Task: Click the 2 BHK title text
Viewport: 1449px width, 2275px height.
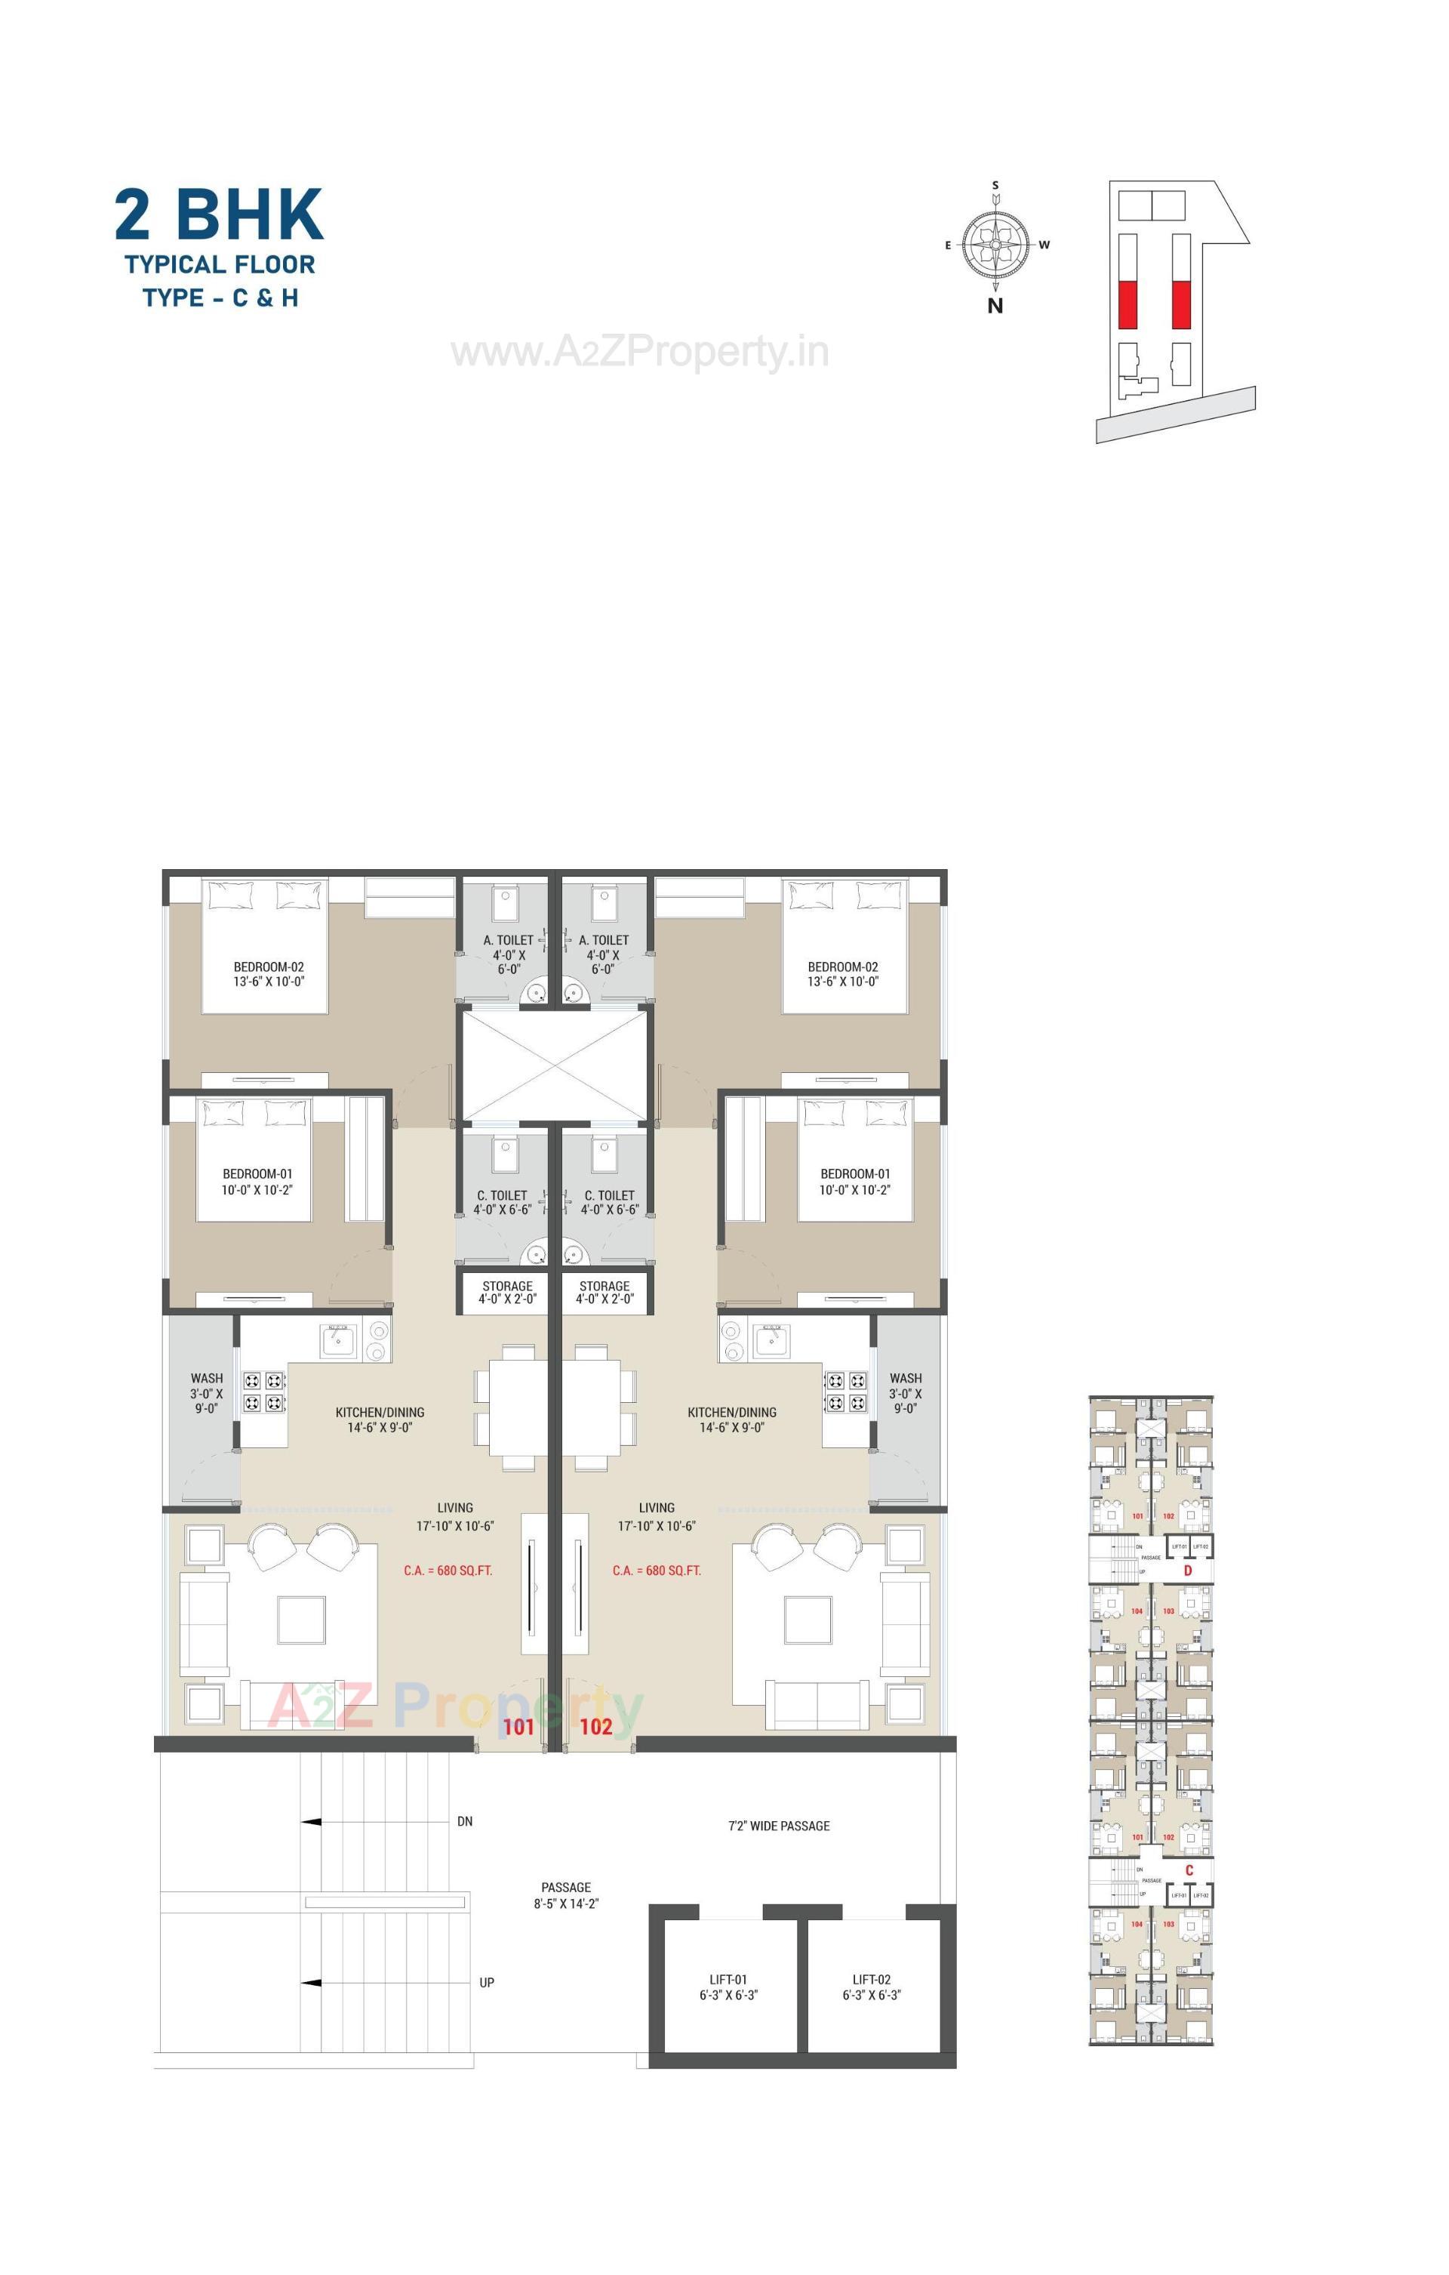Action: tap(219, 214)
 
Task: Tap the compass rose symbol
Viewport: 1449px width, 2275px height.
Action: tap(995, 244)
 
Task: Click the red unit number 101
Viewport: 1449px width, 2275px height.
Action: tap(518, 1727)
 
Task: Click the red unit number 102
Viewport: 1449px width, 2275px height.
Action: tap(596, 1727)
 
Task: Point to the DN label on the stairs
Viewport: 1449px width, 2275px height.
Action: tap(465, 1820)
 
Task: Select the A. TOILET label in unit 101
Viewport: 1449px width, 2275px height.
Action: tap(508, 940)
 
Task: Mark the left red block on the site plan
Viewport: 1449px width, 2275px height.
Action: tap(1127, 304)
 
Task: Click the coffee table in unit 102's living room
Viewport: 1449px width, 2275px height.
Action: tap(808, 1620)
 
